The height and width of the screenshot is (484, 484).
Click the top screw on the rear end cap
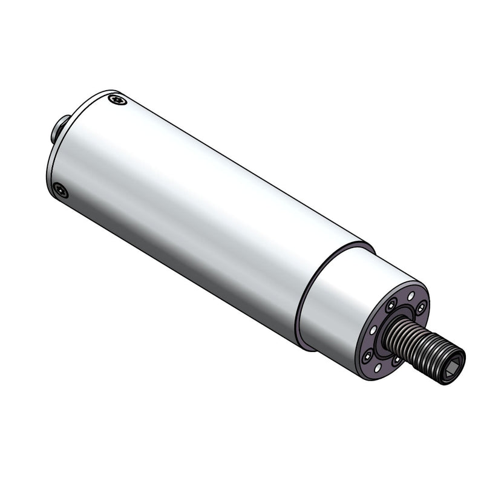(117, 100)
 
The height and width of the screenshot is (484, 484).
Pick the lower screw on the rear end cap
(60, 191)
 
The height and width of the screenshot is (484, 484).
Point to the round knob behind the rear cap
(59, 128)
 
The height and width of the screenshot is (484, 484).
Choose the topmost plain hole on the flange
(411, 296)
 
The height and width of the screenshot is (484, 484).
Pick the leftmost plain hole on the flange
(373, 330)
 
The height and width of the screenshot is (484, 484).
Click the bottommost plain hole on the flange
(378, 368)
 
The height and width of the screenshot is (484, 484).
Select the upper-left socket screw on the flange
(391, 305)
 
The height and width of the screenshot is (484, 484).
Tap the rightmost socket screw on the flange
(421, 308)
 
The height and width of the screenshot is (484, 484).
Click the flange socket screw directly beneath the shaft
(397, 359)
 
